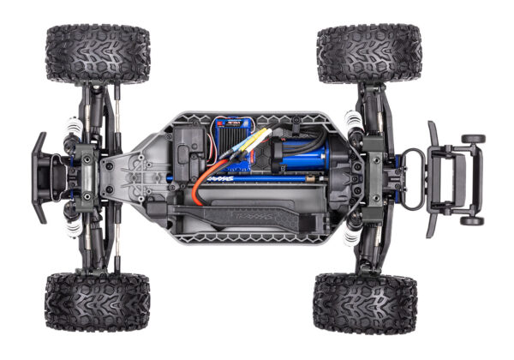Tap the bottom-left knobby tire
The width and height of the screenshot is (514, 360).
pyautogui.click(x=97, y=302)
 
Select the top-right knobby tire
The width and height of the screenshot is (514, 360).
pyautogui.click(x=369, y=53)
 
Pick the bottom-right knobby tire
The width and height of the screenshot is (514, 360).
pyautogui.click(x=365, y=303)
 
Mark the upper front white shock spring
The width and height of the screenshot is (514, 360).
pyautogui.click(x=73, y=136)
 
